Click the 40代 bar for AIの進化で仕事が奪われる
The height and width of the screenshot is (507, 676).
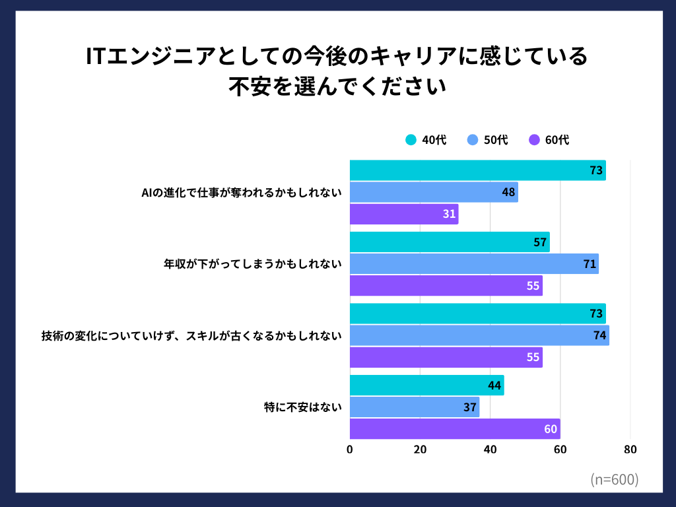(477, 170)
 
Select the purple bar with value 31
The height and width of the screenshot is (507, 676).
(403, 214)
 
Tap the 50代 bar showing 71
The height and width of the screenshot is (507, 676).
(474, 264)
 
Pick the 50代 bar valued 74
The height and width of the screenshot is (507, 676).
(479, 335)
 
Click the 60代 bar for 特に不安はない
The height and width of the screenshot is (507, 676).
(454, 429)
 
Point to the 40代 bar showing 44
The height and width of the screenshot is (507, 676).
(426, 386)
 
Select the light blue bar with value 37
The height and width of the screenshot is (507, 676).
(414, 407)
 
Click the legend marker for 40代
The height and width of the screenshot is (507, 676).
(411, 140)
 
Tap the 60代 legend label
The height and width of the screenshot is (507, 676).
(557, 140)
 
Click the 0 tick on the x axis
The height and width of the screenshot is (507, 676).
(350, 450)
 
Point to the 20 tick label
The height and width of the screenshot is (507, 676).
(420, 450)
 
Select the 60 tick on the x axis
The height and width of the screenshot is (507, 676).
(560, 450)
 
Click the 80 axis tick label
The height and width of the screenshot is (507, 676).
(630, 450)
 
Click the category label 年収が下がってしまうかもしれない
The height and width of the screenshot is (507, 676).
(252, 264)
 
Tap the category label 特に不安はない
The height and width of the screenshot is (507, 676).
(302, 407)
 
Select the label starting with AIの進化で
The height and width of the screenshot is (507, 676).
(242, 193)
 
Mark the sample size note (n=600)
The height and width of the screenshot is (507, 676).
(614, 479)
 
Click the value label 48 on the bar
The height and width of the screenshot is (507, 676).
(508, 193)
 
